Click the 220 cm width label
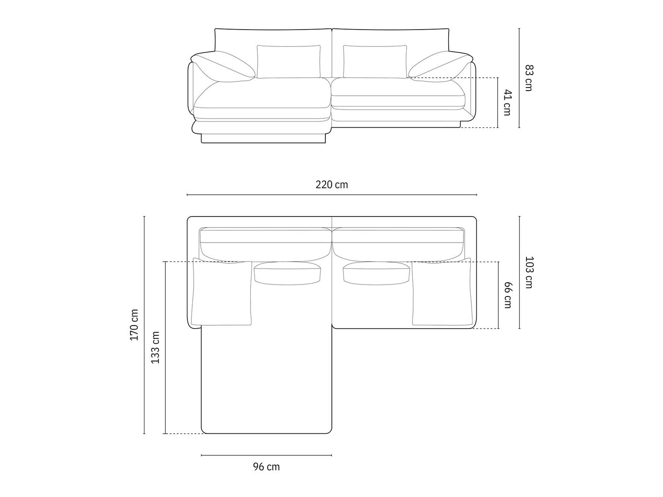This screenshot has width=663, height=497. (x=331, y=184)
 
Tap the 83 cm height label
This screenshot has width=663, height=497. (x=529, y=78)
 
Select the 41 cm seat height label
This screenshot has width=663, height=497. (x=507, y=102)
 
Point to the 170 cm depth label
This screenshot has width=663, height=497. (x=134, y=325)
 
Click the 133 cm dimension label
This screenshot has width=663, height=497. (x=155, y=348)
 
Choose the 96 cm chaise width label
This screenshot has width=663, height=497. (x=267, y=467)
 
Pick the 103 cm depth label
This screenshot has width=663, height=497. (x=529, y=273)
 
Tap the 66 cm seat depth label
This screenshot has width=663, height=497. (x=508, y=295)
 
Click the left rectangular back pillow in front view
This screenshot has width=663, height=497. (x=289, y=62)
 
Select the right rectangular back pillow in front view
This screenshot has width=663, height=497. (x=375, y=62)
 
